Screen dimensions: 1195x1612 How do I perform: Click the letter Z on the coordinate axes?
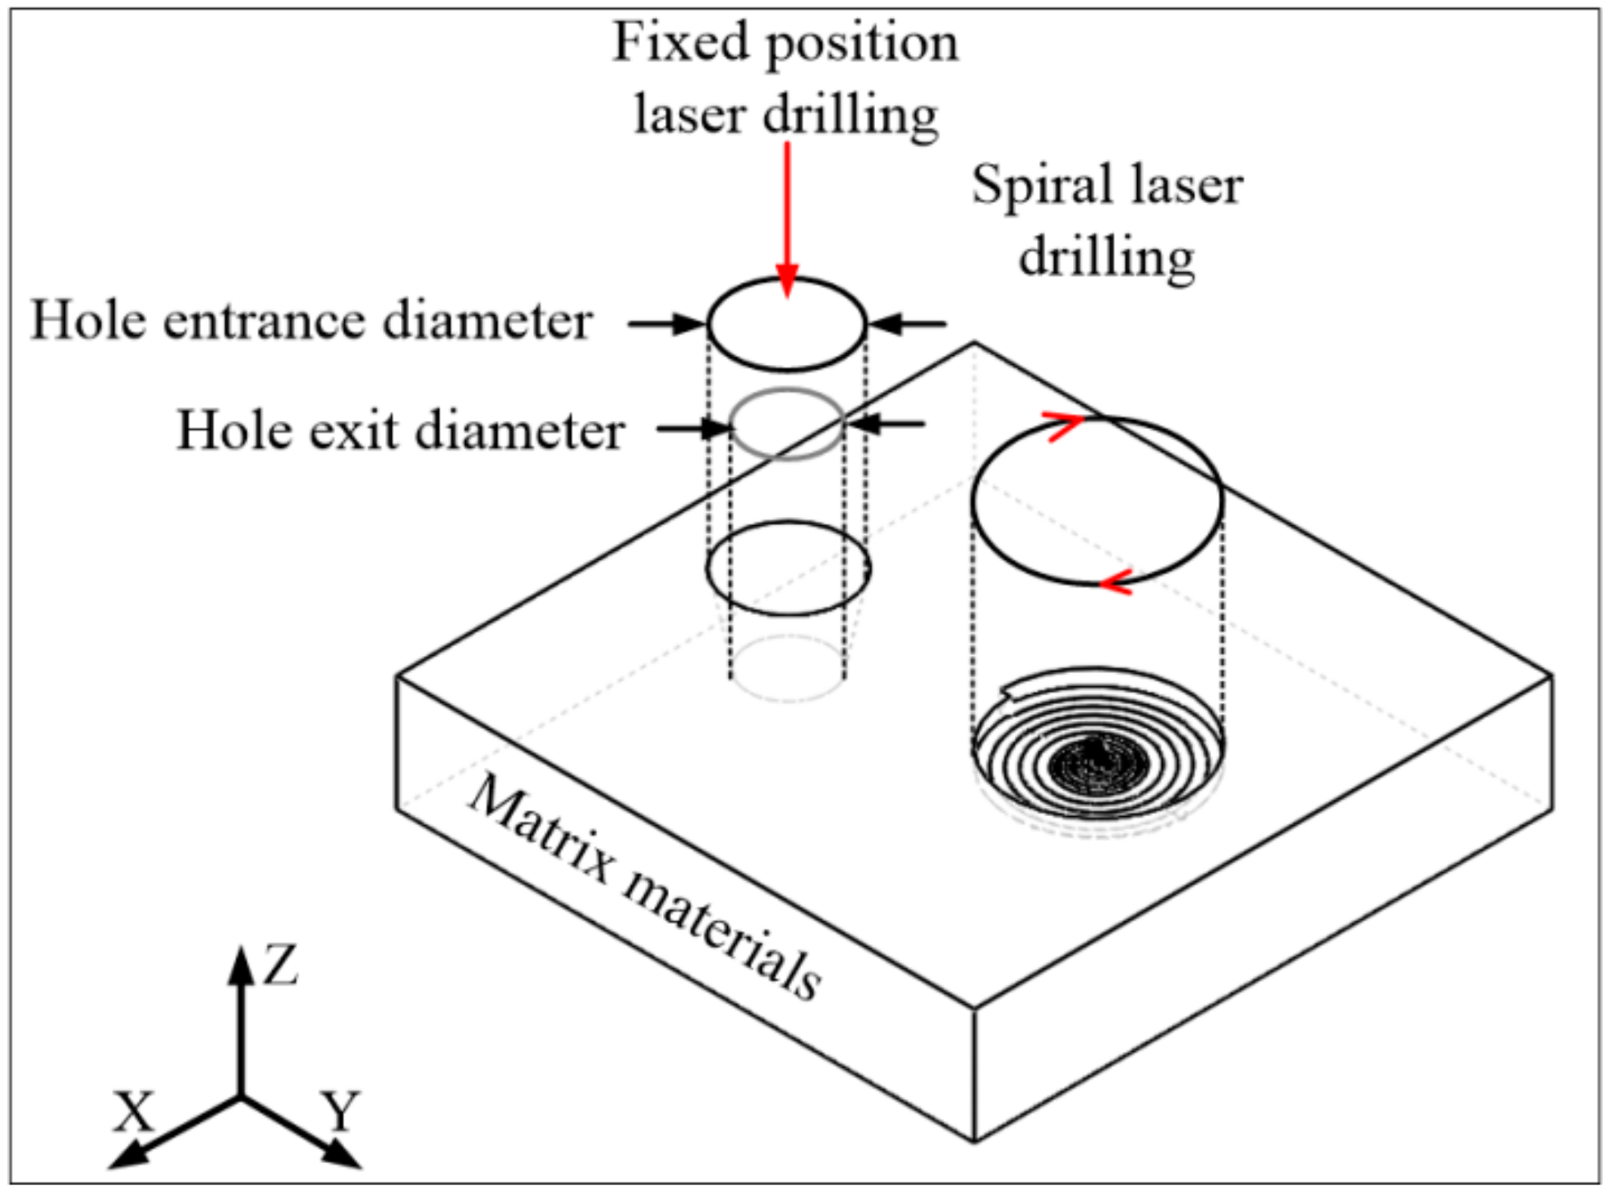click(280, 966)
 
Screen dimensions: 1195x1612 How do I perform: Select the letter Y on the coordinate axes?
click(340, 1111)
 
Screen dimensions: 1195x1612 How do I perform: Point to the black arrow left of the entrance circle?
click(666, 324)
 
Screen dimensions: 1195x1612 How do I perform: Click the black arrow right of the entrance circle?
click(907, 324)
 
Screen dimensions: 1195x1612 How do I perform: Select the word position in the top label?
click(863, 43)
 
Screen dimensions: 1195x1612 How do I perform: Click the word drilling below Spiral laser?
click(1107, 258)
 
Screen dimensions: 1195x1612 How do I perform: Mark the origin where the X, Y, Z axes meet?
click(241, 1096)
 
